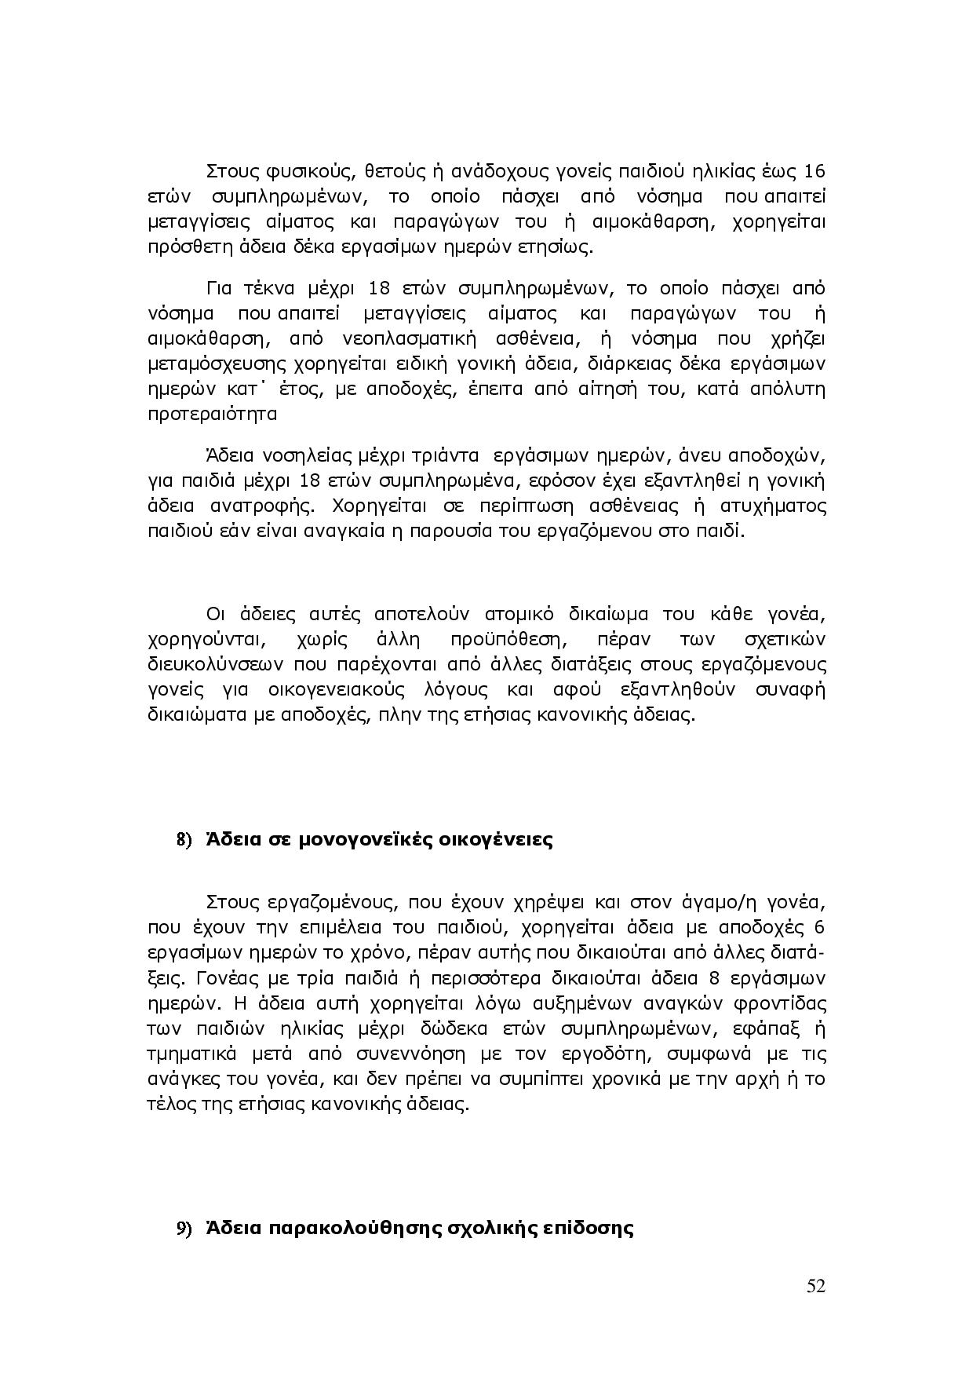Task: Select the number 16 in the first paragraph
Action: (x=815, y=171)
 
